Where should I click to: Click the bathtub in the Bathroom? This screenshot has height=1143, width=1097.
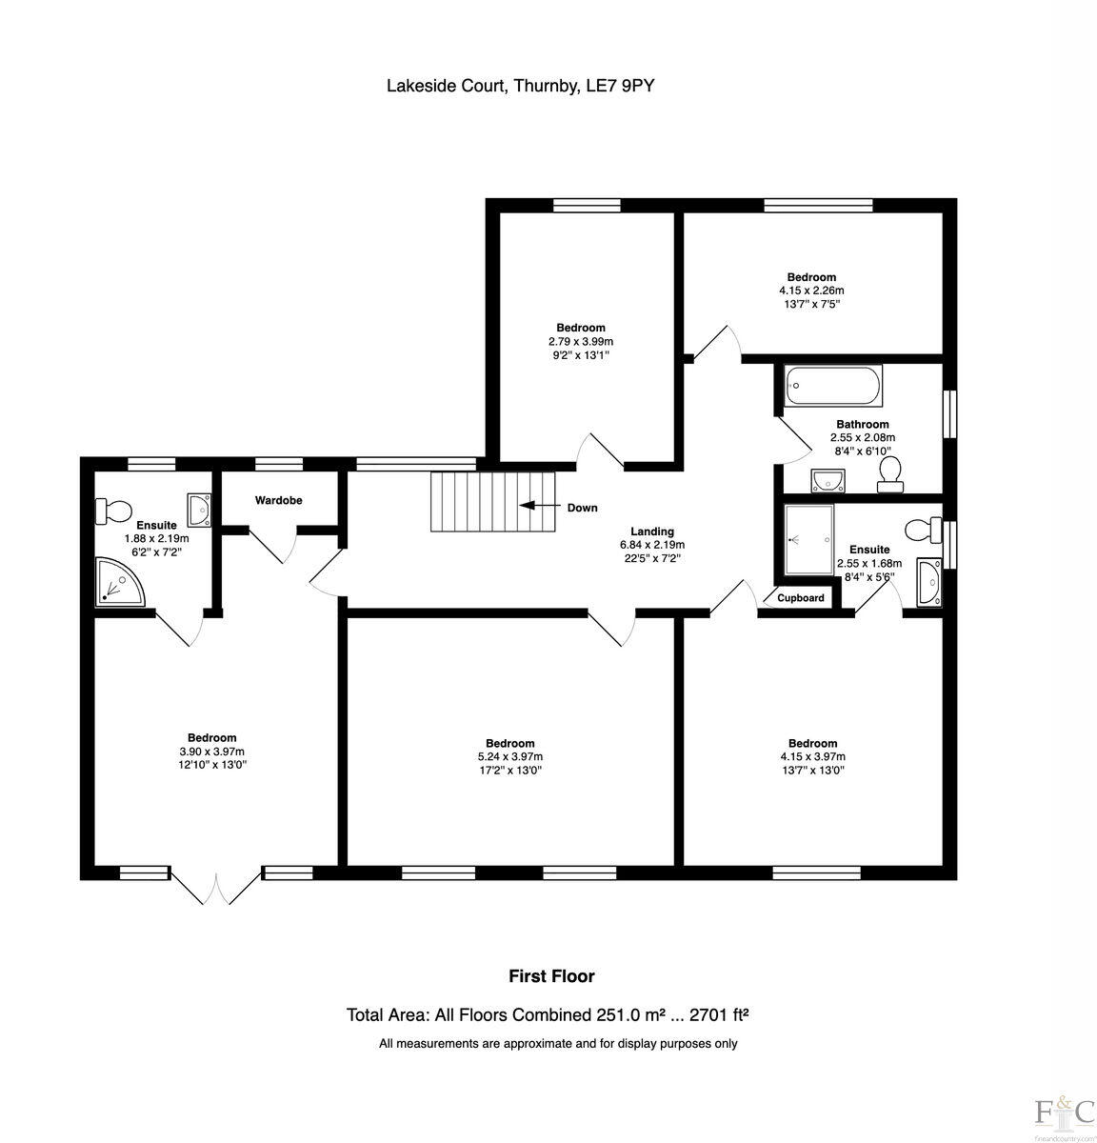833,387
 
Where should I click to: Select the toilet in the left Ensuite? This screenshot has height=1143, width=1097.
111,511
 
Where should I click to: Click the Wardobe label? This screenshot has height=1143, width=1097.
278,500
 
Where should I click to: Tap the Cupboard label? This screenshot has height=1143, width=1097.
801,598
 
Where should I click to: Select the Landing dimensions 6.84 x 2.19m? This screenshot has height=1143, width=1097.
652,545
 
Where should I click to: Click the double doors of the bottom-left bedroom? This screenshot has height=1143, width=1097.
217,888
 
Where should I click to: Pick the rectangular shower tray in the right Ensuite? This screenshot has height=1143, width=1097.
808,541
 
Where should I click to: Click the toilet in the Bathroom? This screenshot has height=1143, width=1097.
891,472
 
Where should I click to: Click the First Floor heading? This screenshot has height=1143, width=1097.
551,976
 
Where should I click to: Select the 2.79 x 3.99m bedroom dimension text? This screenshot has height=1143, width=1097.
581,341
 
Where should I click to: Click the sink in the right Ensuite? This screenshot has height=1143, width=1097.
928,582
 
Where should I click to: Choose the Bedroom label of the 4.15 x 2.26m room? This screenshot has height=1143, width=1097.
810,277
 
